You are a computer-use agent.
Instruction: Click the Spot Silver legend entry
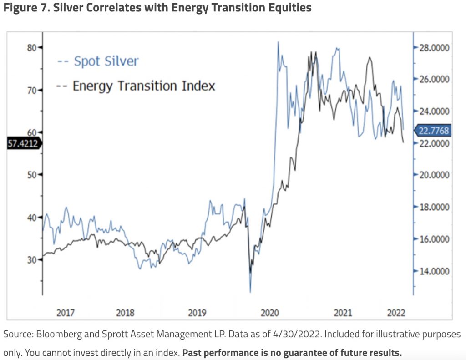(97, 61)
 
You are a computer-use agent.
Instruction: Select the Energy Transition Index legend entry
(136, 86)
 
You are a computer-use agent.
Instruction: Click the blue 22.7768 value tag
(433, 131)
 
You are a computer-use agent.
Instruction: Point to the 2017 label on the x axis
(66, 313)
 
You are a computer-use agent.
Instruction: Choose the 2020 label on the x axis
(269, 313)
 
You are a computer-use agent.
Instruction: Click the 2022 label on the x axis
(395, 313)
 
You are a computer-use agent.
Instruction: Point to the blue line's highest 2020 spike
(278, 42)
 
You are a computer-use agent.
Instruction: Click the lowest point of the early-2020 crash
(250, 291)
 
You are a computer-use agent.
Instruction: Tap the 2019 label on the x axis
(197, 313)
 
